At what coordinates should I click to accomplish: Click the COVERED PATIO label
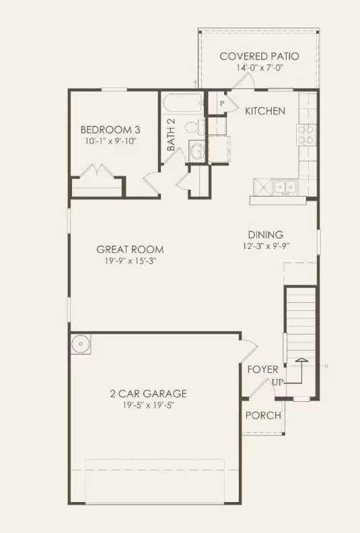pyautogui.click(x=259, y=56)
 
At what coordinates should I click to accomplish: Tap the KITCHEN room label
pyautogui.click(x=264, y=111)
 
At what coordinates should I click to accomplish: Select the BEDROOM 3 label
pyautogui.click(x=111, y=130)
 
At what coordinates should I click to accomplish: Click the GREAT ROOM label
pyautogui.click(x=130, y=250)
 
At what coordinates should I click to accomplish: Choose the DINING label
pyautogui.click(x=265, y=234)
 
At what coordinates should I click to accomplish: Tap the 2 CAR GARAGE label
pyautogui.click(x=148, y=394)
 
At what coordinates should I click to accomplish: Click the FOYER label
pyautogui.click(x=263, y=369)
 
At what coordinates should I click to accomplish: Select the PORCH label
pyautogui.click(x=262, y=415)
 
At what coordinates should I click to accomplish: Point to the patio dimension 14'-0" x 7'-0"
pyautogui.click(x=259, y=68)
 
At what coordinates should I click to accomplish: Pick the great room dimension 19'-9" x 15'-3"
pyautogui.click(x=130, y=262)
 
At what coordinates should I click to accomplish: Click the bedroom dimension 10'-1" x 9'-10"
pyautogui.click(x=111, y=141)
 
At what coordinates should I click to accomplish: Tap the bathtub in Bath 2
pyautogui.click(x=182, y=105)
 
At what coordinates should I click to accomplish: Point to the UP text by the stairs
pyautogui.click(x=277, y=382)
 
